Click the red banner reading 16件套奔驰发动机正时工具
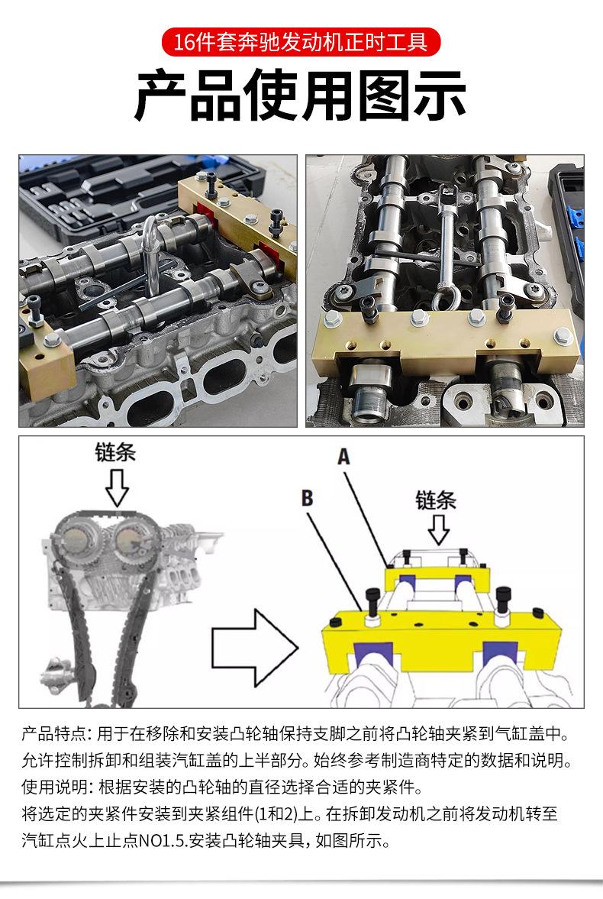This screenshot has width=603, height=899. coord(301,42)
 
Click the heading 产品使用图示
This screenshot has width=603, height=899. coord(300,95)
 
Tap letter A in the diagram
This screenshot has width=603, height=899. coord(343,457)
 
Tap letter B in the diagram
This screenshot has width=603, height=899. coord(308,498)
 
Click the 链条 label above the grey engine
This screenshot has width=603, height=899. coord(115,452)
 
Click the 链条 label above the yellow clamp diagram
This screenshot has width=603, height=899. coord(436,500)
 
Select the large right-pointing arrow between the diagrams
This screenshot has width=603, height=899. coord(255,648)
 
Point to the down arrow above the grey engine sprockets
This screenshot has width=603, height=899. coord(117,487)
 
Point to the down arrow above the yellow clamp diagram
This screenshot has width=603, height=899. coord(439,529)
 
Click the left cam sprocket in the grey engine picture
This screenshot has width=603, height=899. coord(76,539)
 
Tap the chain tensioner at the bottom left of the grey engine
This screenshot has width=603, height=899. coord(56,672)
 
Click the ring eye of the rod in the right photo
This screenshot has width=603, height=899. coord(443,299)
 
